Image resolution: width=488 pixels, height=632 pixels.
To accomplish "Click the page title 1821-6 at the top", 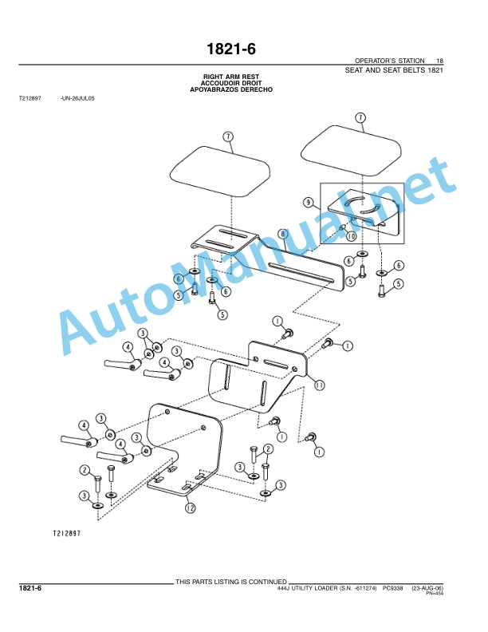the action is pos(230,49).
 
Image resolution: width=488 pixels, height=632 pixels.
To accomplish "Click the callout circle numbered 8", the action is pos(283,234).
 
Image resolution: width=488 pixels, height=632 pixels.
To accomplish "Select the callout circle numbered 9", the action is pos(309,202).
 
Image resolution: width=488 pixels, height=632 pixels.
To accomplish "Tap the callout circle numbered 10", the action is pos(351,235).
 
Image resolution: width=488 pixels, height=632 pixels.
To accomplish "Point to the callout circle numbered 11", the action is pos(319,385).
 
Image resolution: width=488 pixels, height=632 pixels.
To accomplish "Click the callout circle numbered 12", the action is pos(190,508).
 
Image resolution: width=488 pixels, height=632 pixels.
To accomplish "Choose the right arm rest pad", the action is pos(351,150).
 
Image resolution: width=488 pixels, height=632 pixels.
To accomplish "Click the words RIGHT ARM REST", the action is pos(231,77).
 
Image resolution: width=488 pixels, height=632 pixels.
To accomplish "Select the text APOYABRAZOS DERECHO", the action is pos(231,89).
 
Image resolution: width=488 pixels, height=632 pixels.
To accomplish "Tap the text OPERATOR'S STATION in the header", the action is pos(389,61).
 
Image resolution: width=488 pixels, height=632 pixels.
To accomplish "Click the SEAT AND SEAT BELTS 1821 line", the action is pos(394,70).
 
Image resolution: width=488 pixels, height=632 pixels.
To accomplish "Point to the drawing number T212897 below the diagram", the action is pos(67,533).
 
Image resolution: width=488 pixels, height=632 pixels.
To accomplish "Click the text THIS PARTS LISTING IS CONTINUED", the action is pos(230,582).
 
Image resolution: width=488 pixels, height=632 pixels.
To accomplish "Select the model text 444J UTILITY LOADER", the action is pos(308,588).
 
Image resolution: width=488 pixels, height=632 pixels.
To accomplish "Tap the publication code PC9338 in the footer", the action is pos(392,588).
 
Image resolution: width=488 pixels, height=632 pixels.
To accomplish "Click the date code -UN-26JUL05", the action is pos(77,98).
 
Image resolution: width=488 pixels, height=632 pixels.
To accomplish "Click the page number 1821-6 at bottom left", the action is pos(30,588).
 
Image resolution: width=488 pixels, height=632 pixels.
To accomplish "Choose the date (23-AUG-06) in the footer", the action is pos(427,588).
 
